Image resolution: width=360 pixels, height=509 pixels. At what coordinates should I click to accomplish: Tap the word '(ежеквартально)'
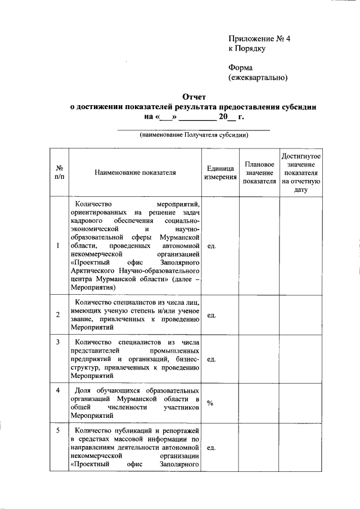[x=258, y=77]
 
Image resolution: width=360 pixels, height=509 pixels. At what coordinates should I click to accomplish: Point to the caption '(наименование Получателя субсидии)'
[x=193, y=135]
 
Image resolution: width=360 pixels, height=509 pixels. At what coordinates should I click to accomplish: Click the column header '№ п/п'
[x=58, y=172]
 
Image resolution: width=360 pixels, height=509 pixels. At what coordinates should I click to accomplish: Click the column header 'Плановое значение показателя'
[x=259, y=172]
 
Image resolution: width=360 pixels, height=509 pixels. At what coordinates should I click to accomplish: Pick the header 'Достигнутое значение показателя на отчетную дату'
[x=301, y=172]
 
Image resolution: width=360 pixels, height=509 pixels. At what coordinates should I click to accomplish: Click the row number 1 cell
[x=58, y=246]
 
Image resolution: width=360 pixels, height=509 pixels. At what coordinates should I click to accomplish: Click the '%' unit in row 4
[x=209, y=403]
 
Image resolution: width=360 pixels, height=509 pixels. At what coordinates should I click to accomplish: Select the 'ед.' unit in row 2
[x=211, y=315]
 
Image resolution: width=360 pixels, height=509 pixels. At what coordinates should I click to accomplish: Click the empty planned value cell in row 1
[x=259, y=246]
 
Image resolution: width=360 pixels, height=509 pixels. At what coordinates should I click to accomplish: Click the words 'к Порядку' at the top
[x=246, y=48]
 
